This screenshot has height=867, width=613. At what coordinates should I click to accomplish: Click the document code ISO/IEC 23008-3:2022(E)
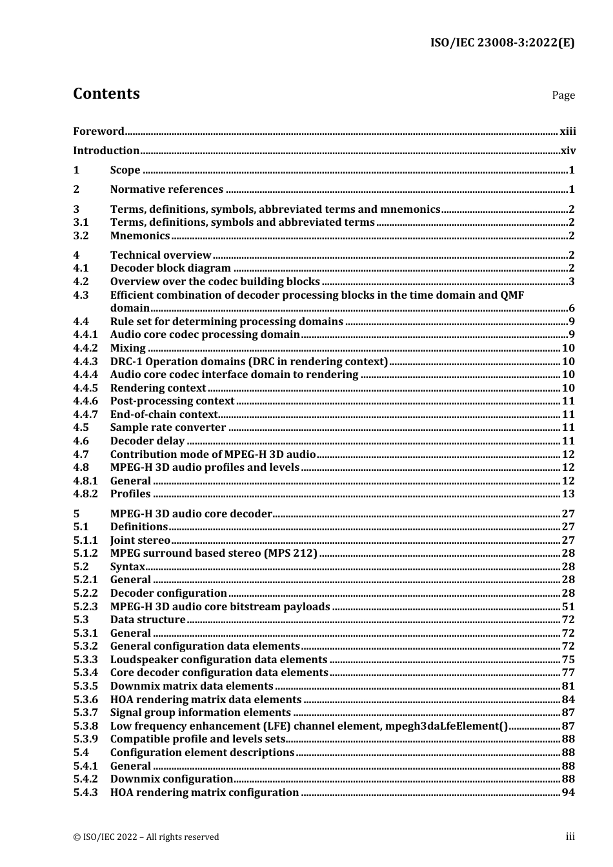pos(502,43)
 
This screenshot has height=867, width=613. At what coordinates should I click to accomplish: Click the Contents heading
pos(106,94)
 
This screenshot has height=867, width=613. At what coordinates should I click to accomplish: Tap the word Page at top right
pos(563,95)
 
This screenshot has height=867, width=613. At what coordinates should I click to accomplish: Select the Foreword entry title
pos(98,132)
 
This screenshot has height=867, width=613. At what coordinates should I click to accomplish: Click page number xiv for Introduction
pos(568,151)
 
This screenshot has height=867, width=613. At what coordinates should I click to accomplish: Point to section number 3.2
pos(81,236)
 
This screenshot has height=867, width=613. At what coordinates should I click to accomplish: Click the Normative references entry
pos(166,190)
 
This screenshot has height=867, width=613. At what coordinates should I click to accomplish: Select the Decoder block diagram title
pos(170,268)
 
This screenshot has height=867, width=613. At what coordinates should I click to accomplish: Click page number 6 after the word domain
pos(571,308)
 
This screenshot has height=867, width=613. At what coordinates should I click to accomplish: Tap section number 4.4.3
pos(85,362)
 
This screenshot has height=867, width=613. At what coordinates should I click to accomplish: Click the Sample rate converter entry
pos(168,428)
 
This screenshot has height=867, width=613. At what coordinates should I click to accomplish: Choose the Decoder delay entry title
pos(147,441)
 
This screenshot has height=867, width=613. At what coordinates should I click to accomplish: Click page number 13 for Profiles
pos(568,494)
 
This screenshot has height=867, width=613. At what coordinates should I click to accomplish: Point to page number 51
pos(568,607)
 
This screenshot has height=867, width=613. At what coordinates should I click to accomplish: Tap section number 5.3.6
pos(85,700)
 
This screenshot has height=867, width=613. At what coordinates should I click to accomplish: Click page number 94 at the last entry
pos(568,793)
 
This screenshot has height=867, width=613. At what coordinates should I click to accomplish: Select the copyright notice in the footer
pos(146,837)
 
